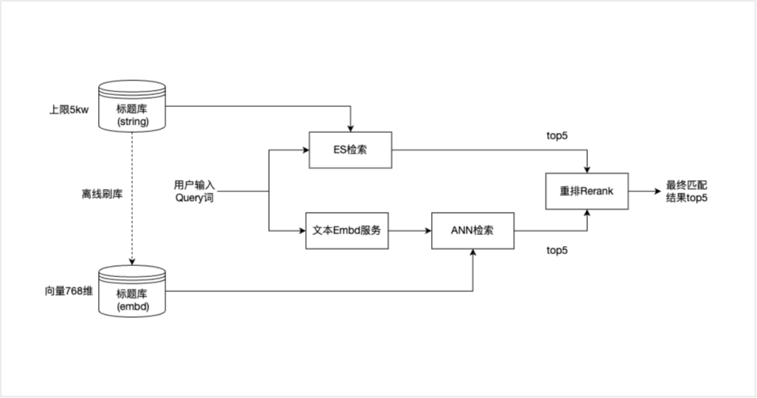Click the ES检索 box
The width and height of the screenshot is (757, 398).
(x=350, y=149)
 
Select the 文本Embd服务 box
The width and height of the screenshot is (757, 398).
(x=348, y=230)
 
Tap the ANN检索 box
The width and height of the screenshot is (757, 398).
(x=472, y=230)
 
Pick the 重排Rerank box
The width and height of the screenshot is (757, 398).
(x=587, y=191)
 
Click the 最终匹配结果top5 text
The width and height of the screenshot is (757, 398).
(x=686, y=191)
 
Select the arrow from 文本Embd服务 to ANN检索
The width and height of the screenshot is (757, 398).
(x=410, y=230)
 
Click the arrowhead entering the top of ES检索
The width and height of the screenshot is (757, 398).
(x=350, y=128)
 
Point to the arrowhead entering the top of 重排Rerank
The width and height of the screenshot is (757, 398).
(x=587, y=169)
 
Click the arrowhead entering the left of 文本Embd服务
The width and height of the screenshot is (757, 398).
(x=303, y=230)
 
